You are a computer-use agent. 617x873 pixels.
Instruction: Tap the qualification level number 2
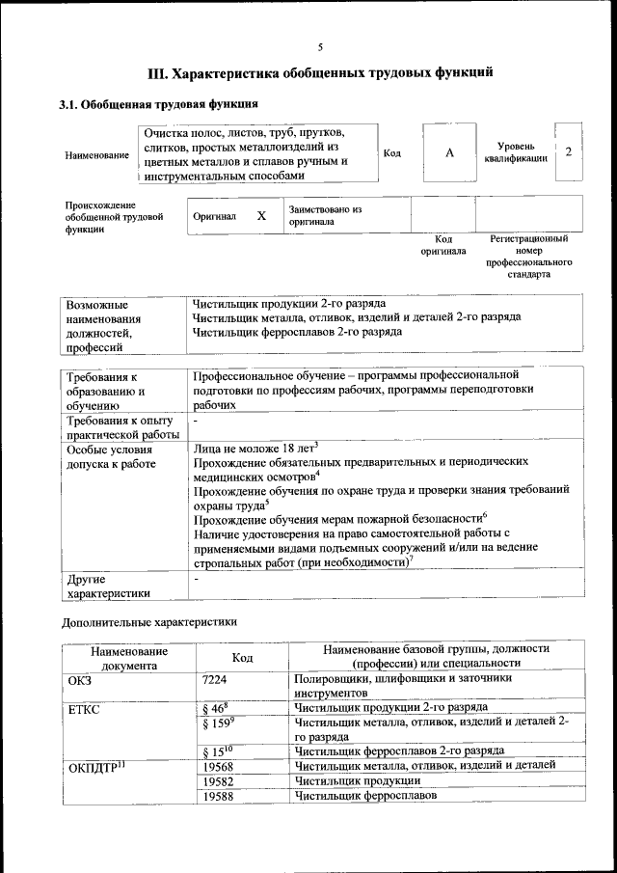coord(569,151)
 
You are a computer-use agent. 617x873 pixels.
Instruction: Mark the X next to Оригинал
coord(261,216)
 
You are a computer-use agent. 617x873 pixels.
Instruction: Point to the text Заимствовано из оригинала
coord(324,214)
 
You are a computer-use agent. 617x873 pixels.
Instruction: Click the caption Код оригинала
coord(443,244)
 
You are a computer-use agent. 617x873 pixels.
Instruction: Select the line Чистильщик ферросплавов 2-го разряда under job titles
coord(297,332)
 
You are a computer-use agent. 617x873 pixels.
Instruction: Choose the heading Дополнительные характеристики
coord(149,623)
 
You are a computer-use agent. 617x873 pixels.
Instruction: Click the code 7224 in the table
coord(215,679)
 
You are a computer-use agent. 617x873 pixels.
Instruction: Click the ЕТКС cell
coord(85,710)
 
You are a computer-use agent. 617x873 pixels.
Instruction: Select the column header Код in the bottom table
coord(243,657)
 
